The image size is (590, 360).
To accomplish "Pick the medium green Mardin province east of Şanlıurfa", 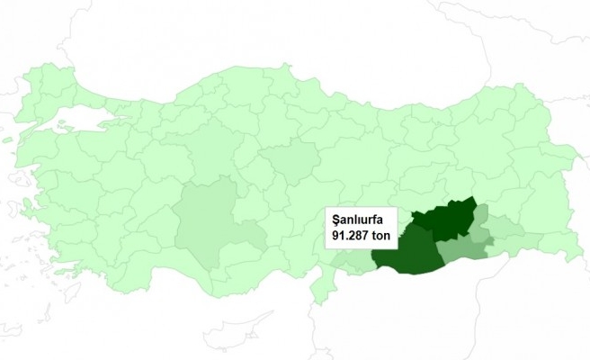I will tap(463, 248).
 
